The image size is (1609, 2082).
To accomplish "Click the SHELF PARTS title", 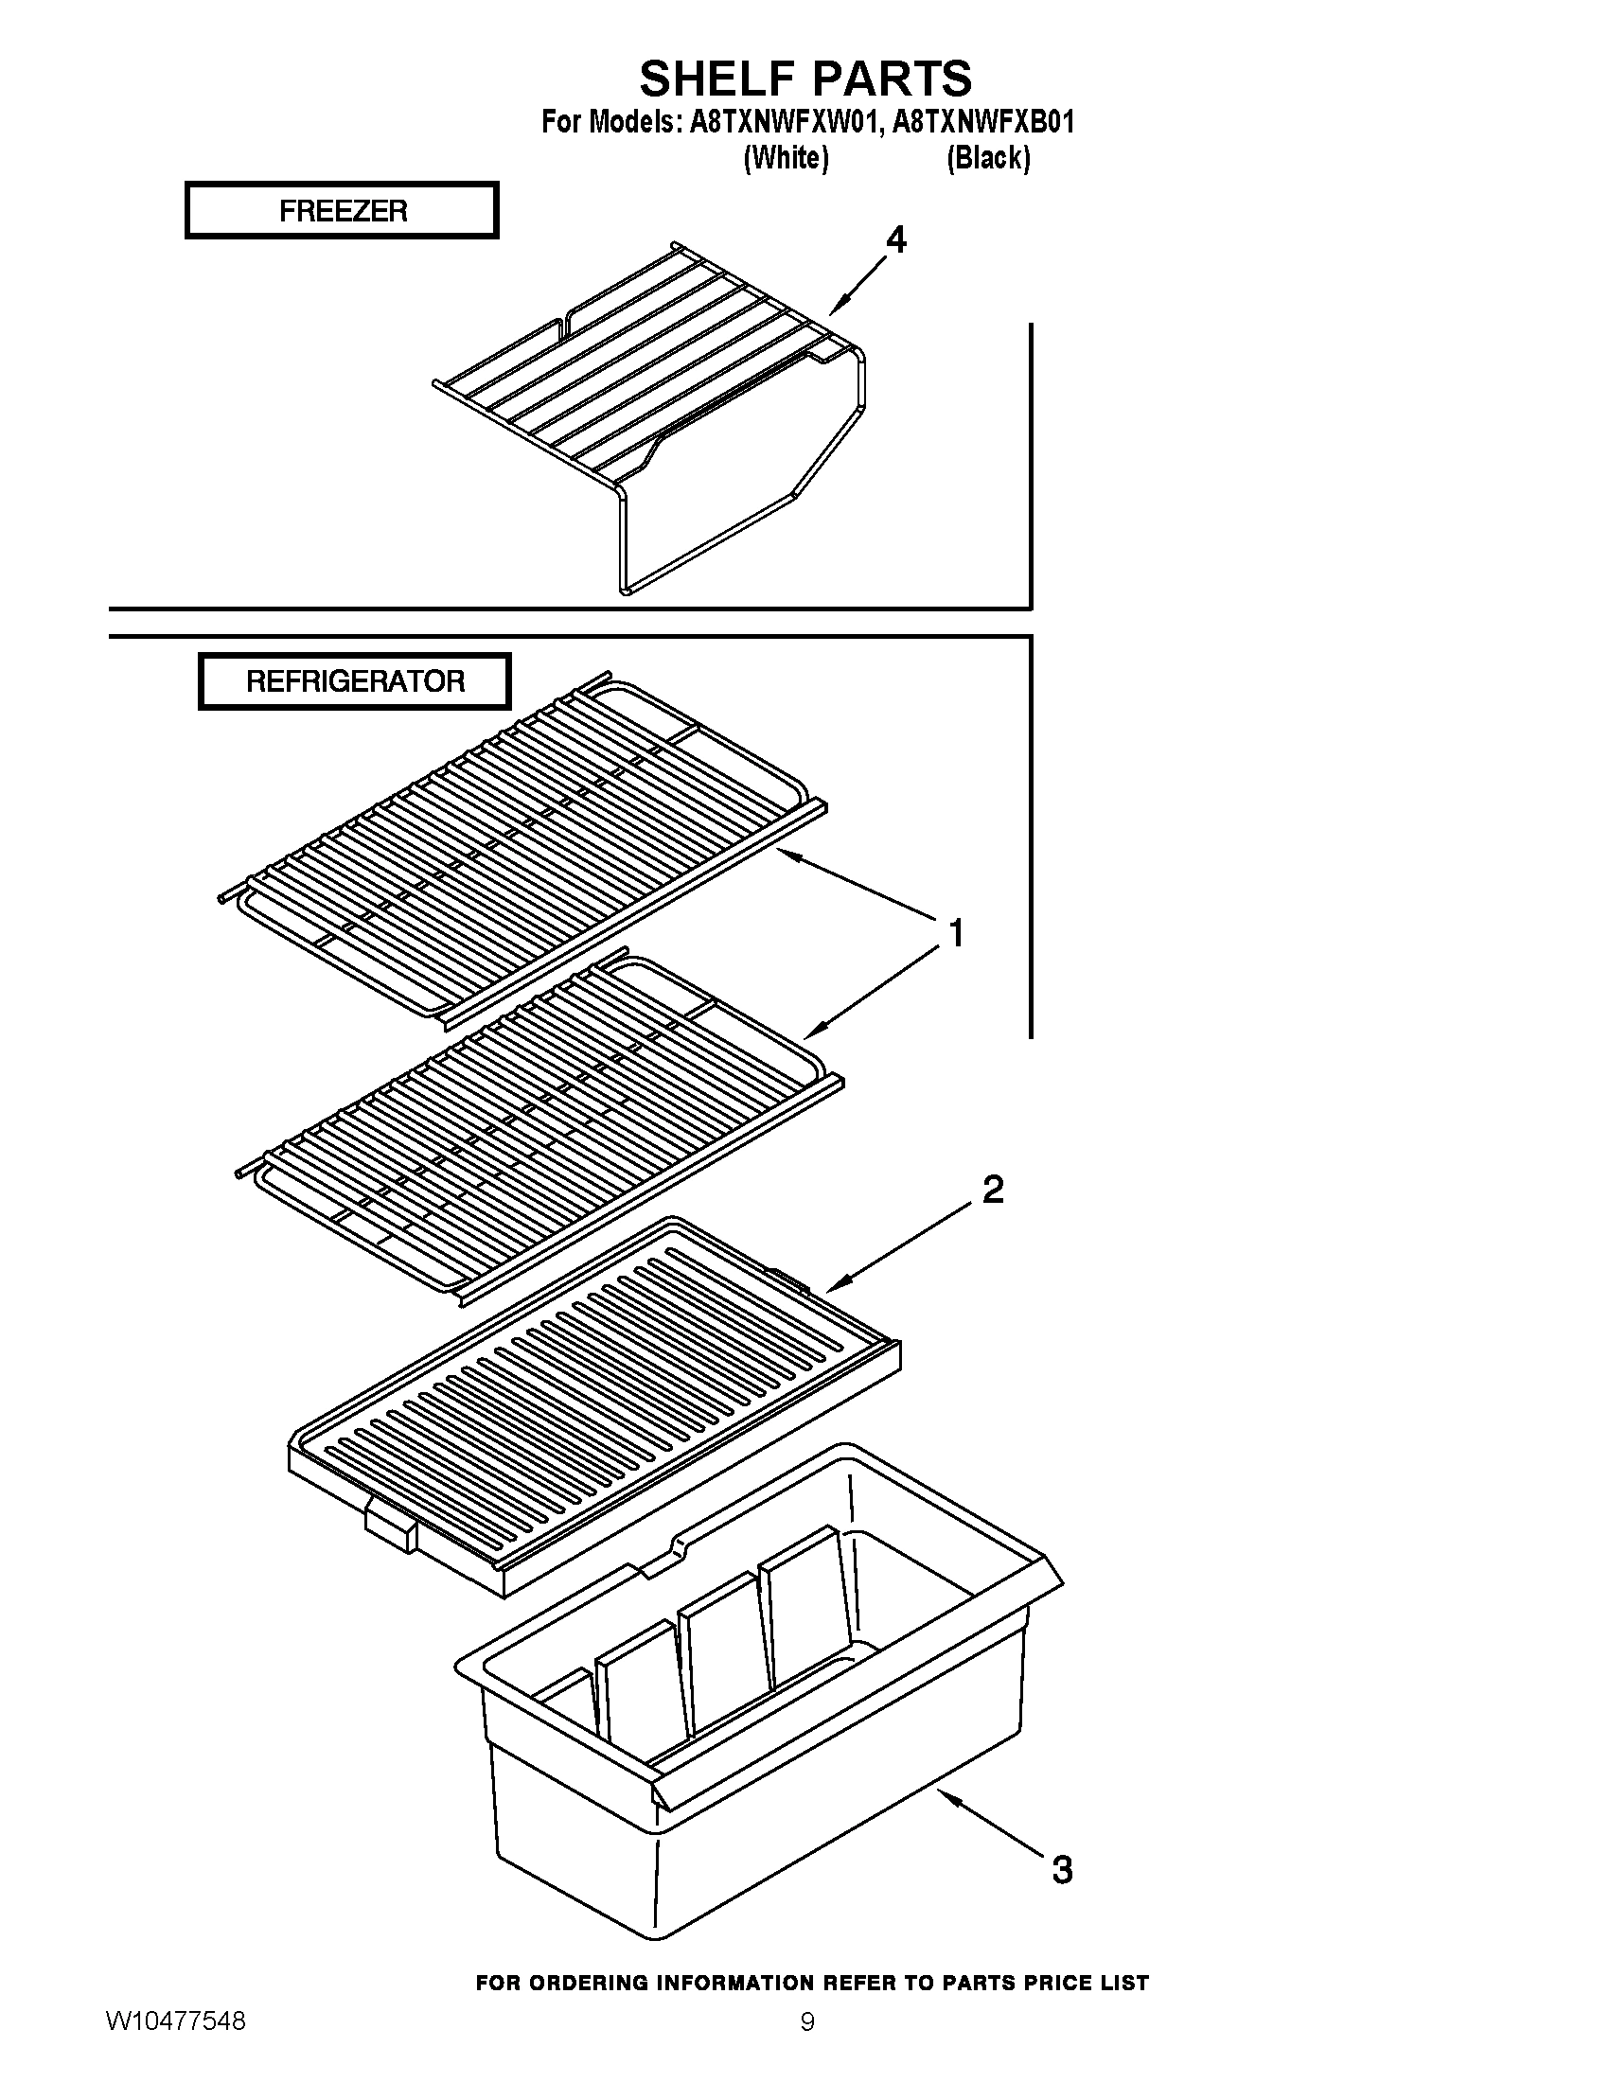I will click(805, 79).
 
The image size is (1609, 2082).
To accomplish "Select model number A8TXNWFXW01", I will click(781, 122).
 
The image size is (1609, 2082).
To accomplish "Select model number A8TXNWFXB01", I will click(982, 122).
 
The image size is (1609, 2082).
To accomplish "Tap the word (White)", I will click(786, 157).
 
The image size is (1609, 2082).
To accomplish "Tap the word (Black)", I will click(987, 157).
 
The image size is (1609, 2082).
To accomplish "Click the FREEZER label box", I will click(343, 211).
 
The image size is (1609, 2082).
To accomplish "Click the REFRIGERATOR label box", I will click(355, 681).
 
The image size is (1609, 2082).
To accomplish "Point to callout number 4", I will click(896, 240).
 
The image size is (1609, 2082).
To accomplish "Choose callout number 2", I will click(992, 1190).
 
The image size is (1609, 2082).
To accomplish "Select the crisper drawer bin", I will click(753, 1716).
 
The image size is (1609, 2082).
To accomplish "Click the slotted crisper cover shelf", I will click(591, 1402).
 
